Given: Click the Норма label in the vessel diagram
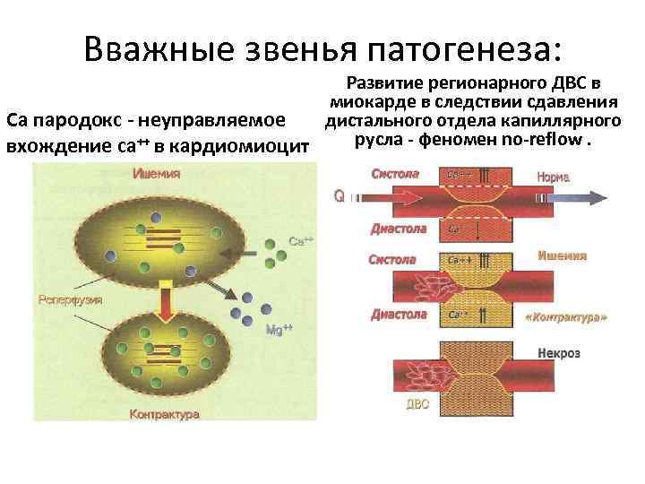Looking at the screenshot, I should (x=554, y=177).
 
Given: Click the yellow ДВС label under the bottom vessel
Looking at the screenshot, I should (x=417, y=403).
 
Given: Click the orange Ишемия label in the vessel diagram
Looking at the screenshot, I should (x=563, y=255).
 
